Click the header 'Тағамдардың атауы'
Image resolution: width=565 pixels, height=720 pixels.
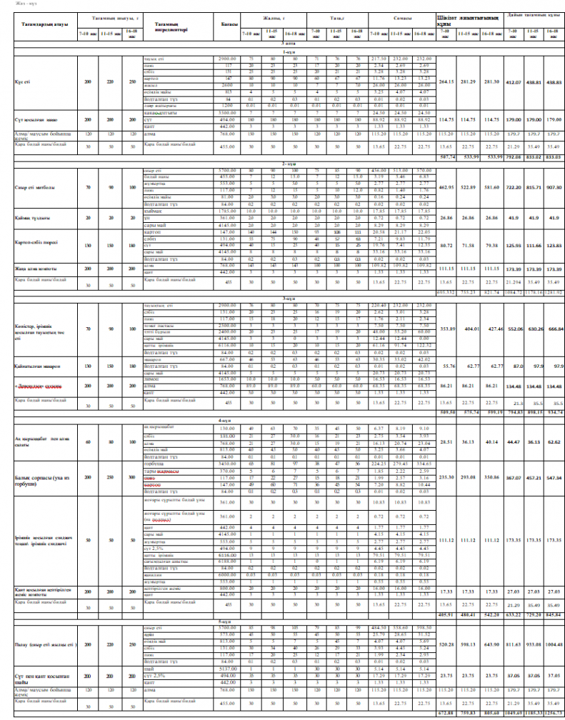[x=39, y=24]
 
